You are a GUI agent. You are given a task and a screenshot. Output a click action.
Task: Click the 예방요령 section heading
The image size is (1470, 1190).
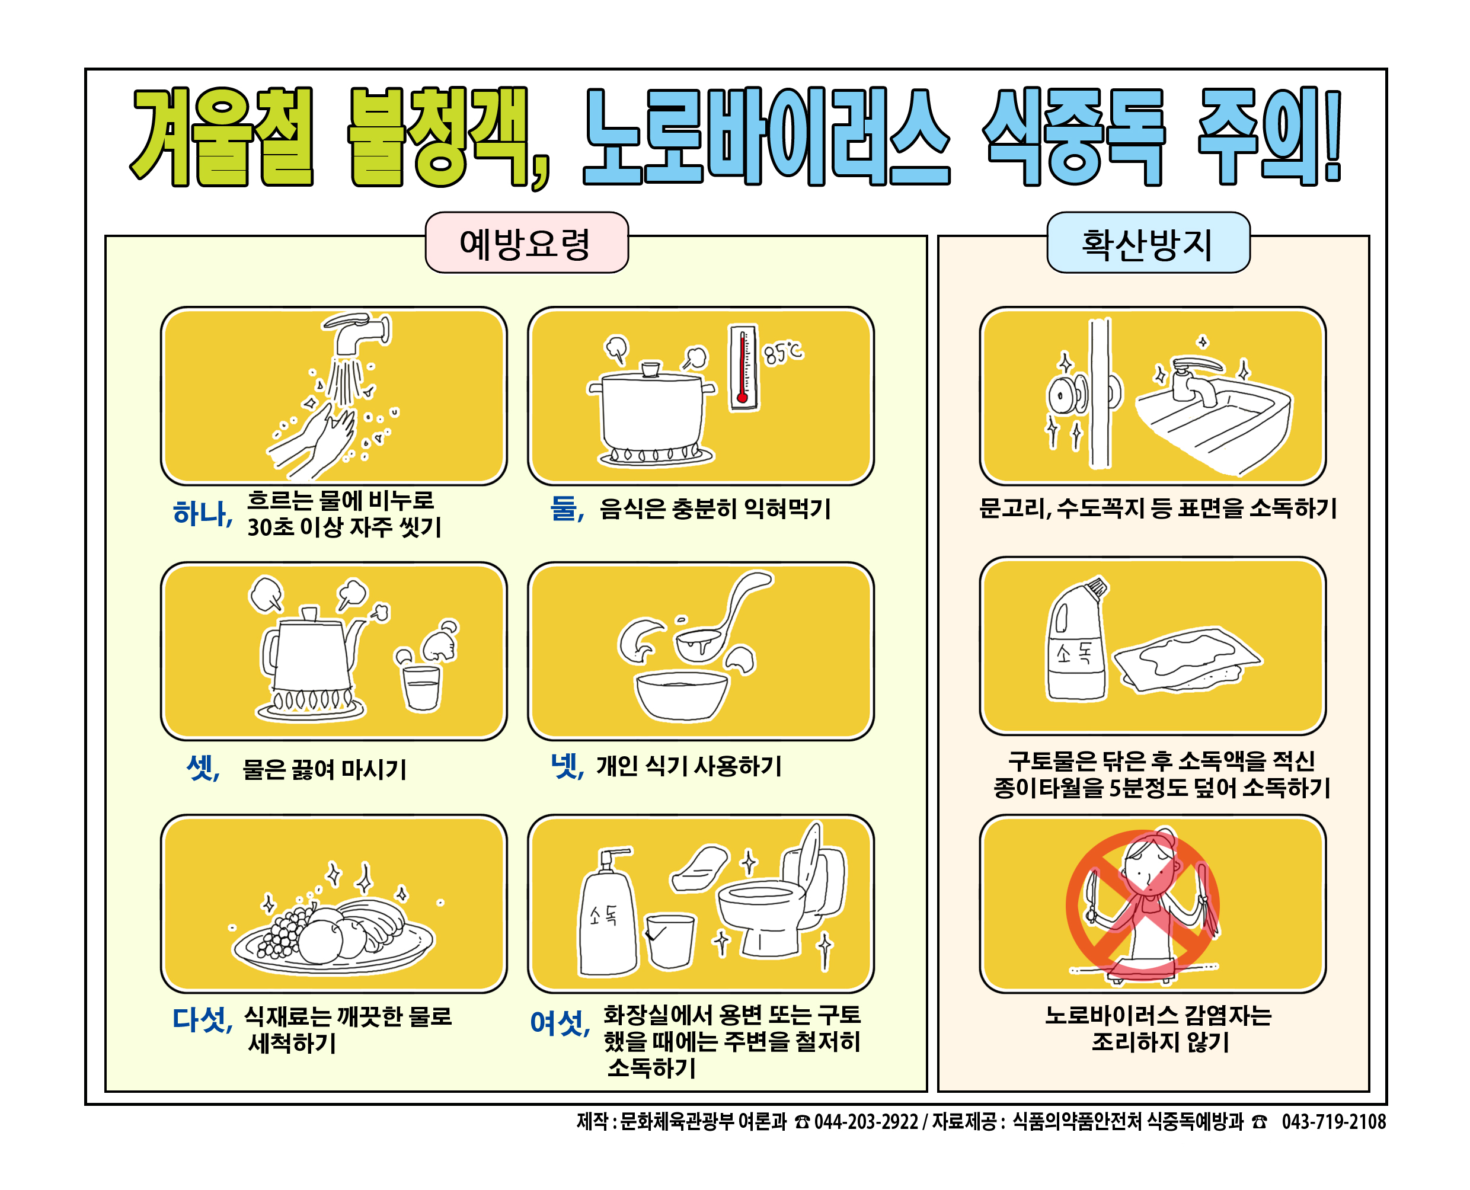(x=525, y=244)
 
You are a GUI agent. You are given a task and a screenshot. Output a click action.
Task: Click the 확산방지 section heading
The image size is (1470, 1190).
(x=1147, y=244)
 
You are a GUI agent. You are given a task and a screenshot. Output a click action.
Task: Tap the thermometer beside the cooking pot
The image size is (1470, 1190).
(x=743, y=367)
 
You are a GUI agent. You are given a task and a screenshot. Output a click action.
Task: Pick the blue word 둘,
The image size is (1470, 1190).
(x=567, y=508)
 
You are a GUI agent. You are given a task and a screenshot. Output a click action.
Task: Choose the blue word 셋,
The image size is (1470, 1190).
(x=203, y=767)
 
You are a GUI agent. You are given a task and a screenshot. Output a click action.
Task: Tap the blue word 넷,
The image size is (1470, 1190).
(x=568, y=766)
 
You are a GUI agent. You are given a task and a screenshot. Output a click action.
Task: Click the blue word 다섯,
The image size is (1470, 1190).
(x=203, y=1019)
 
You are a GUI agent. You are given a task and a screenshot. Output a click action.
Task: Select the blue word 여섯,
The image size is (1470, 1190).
(x=560, y=1023)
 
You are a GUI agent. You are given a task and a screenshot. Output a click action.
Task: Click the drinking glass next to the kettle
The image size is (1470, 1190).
(x=421, y=687)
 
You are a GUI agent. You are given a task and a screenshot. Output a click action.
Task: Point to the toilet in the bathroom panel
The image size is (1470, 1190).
(x=781, y=891)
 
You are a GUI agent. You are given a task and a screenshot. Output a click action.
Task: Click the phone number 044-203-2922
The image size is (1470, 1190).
(x=866, y=1122)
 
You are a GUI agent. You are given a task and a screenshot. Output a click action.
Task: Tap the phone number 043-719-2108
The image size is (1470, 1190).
(x=1334, y=1122)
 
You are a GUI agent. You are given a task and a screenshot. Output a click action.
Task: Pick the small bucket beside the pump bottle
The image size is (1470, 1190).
(x=670, y=941)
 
